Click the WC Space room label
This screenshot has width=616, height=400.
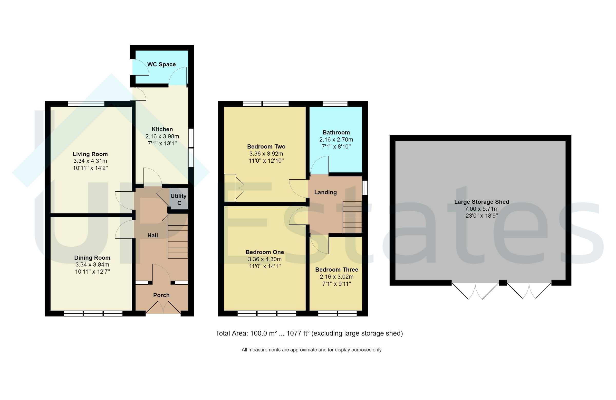point(161,64)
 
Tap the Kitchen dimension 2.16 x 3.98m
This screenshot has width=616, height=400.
point(162,136)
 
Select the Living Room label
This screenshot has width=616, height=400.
point(90,154)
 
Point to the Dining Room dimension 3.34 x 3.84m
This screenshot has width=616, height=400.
point(92,265)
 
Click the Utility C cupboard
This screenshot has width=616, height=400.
point(179,199)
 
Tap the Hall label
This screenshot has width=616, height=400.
point(152,235)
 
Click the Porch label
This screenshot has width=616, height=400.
point(161,295)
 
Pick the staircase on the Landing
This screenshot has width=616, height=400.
point(352,217)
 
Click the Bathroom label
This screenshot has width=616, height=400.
point(336,132)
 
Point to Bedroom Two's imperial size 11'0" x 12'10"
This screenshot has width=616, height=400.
point(266,161)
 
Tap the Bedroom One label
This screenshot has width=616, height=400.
point(265,252)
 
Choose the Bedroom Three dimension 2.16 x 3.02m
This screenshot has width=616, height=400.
point(336,277)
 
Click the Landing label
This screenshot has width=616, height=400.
point(325,192)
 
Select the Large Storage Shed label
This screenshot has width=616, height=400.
point(482,202)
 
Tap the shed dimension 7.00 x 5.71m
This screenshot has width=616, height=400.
point(482,209)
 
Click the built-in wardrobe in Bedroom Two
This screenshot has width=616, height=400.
point(230,188)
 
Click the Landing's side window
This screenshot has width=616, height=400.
point(365,188)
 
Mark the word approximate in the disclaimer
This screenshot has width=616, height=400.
point(304,350)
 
